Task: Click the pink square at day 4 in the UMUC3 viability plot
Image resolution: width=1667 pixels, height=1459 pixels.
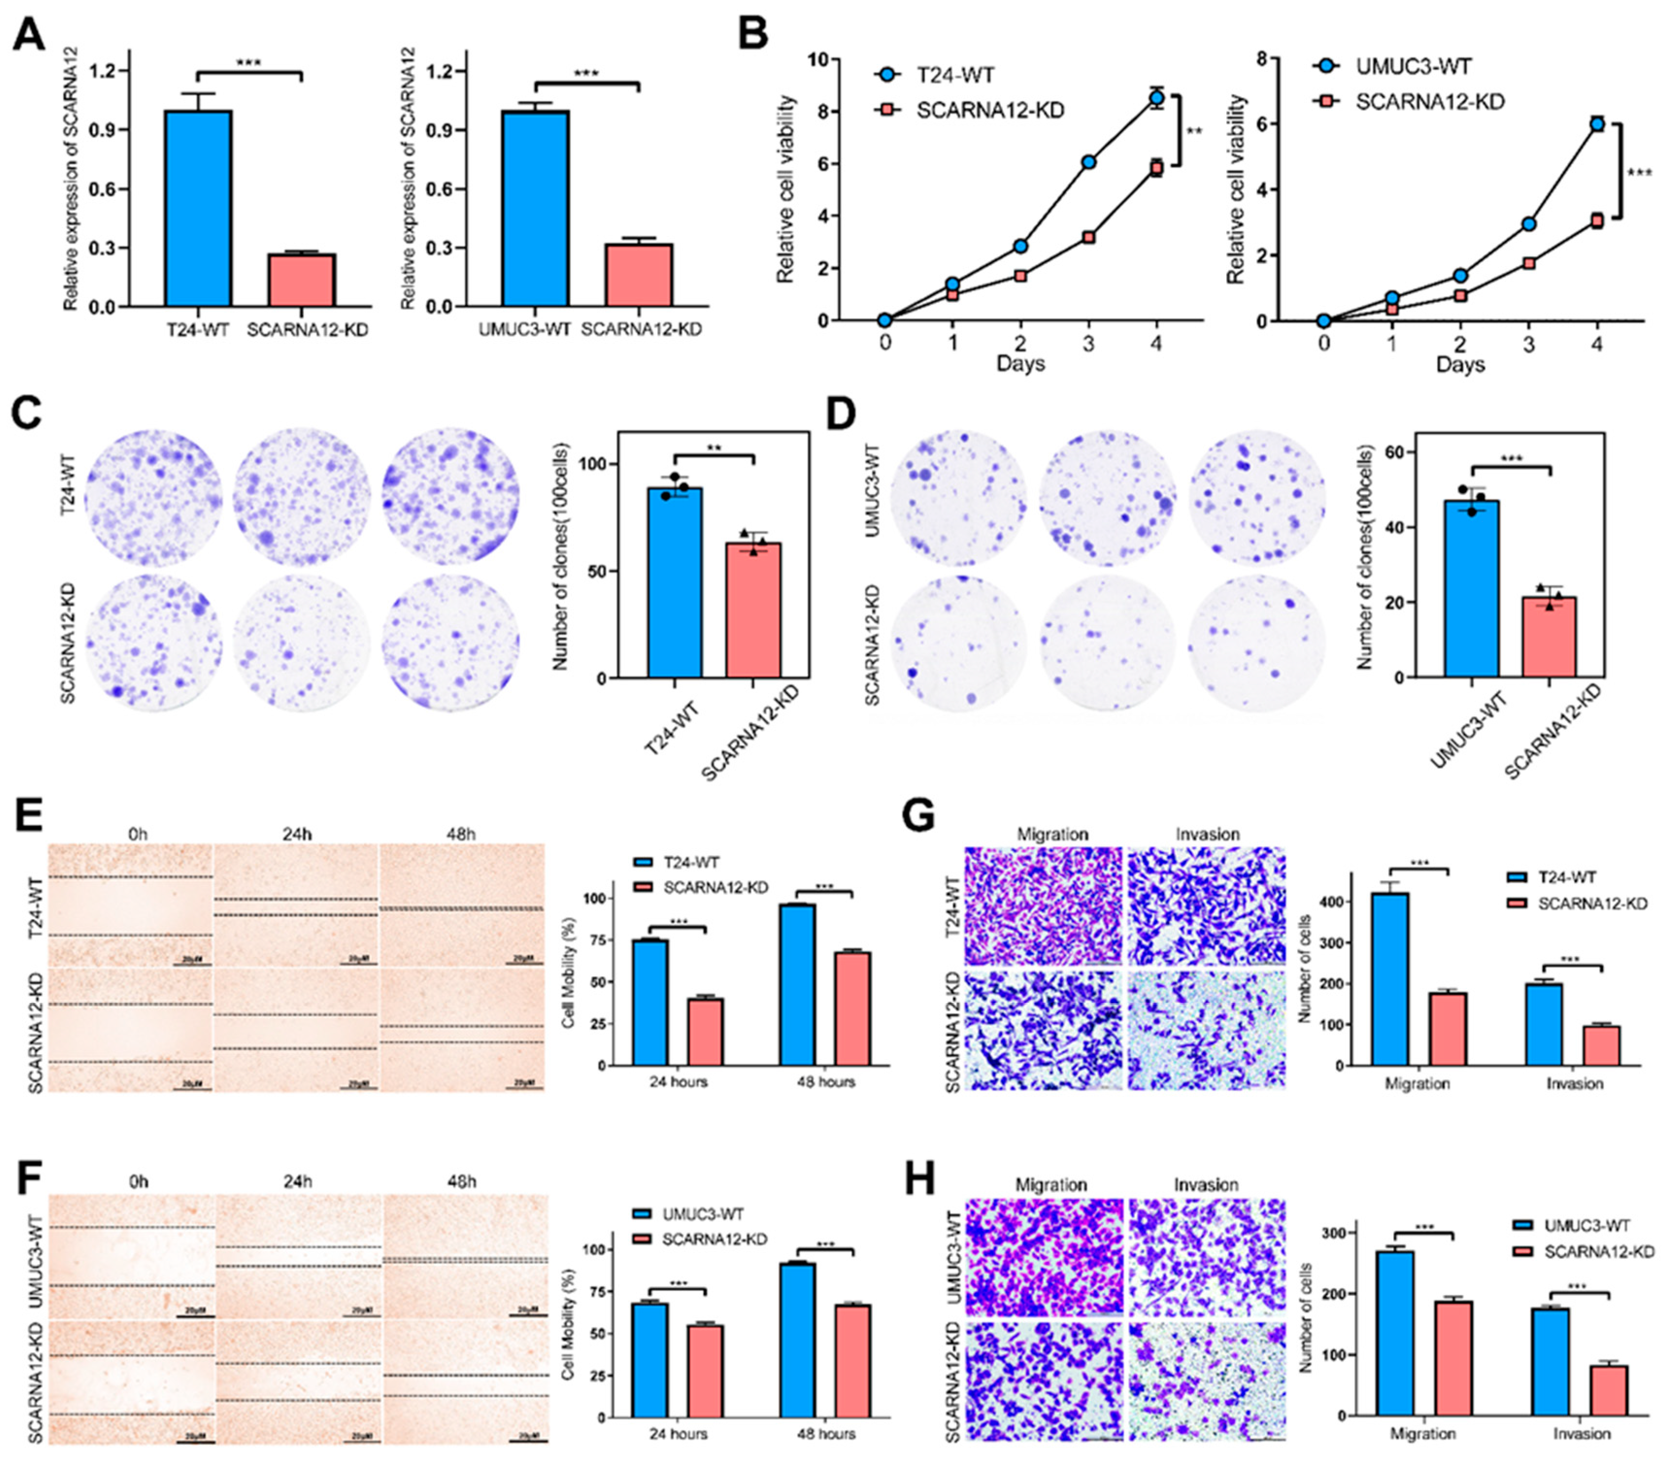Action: click(1597, 220)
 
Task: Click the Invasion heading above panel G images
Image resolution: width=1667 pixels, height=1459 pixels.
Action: click(1207, 835)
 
